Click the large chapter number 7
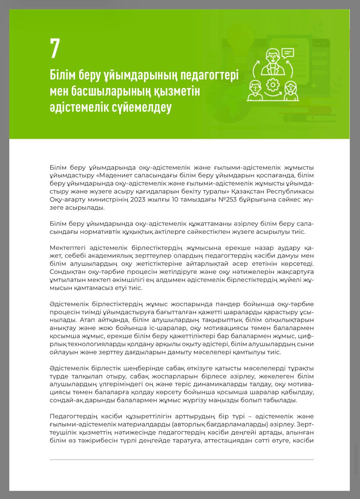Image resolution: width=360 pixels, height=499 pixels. [55, 48]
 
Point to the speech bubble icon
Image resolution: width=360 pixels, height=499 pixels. [287, 53]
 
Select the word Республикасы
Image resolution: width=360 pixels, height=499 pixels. [292, 191]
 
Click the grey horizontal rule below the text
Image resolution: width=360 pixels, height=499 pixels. [181, 460]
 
